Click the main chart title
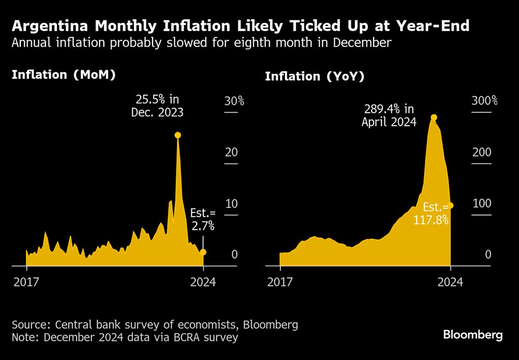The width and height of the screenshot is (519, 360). (x=240, y=25)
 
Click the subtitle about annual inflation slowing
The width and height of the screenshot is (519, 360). (x=201, y=43)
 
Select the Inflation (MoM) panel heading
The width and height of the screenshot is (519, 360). (x=63, y=75)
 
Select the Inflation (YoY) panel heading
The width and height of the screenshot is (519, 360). (x=315, y=76)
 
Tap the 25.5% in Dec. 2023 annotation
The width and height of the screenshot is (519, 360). (x=159, y=105)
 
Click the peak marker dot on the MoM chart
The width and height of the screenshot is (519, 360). (x=177, y=135)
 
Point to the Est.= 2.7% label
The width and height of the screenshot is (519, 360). (x=202, y=220)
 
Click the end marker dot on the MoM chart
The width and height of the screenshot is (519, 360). (x=203, y=252)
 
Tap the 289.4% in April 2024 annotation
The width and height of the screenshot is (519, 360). (x=389, y=115)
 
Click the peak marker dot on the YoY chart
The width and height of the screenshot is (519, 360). (x=434, y=117)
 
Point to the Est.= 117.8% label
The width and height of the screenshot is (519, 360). (x=431, y=213)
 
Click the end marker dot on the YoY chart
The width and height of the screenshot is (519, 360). (x=451, y=206)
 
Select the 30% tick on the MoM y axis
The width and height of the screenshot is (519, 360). (x=234, y=101)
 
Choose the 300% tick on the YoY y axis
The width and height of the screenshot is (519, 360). (x=484, y=101)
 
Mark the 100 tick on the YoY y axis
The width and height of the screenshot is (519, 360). (x=481, y=203)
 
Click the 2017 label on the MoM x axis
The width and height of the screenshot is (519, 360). (x=26, y=282)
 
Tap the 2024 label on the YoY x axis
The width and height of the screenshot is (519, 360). (x=450, y=282)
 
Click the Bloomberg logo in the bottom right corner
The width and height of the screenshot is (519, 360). (x=472, y=335)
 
